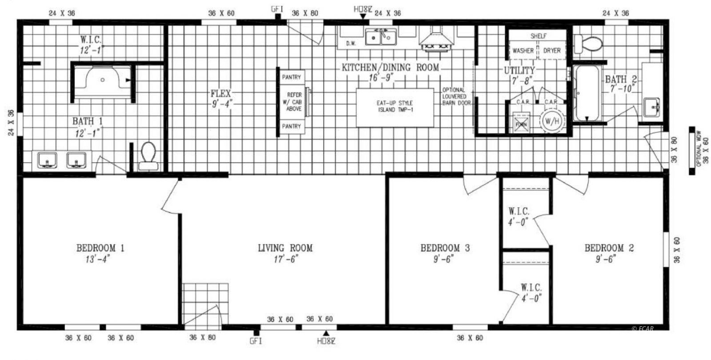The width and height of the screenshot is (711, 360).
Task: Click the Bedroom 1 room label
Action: [100, 248]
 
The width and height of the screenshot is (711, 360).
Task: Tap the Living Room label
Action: [285, 248]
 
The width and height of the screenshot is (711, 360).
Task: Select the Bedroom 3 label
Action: [445, 248]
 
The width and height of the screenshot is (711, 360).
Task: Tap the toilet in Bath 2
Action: [588, 44]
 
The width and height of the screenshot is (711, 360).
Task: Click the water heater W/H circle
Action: [551, 120]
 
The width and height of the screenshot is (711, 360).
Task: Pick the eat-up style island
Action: [395, 107]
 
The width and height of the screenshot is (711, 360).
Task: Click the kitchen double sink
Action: [381, 37]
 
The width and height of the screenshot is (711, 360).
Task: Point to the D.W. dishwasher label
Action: [351, 44]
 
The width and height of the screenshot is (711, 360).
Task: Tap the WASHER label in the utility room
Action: [523, 51]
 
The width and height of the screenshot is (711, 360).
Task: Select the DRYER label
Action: [551, 51]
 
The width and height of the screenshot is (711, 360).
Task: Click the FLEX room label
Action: [221, 93]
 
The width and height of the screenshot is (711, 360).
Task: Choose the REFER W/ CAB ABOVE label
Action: [294, 102]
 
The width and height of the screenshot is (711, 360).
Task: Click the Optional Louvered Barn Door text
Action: [455, 96]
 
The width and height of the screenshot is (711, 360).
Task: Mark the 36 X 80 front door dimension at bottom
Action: [202, 337]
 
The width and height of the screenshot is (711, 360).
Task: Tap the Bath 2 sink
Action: [651, 107]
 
